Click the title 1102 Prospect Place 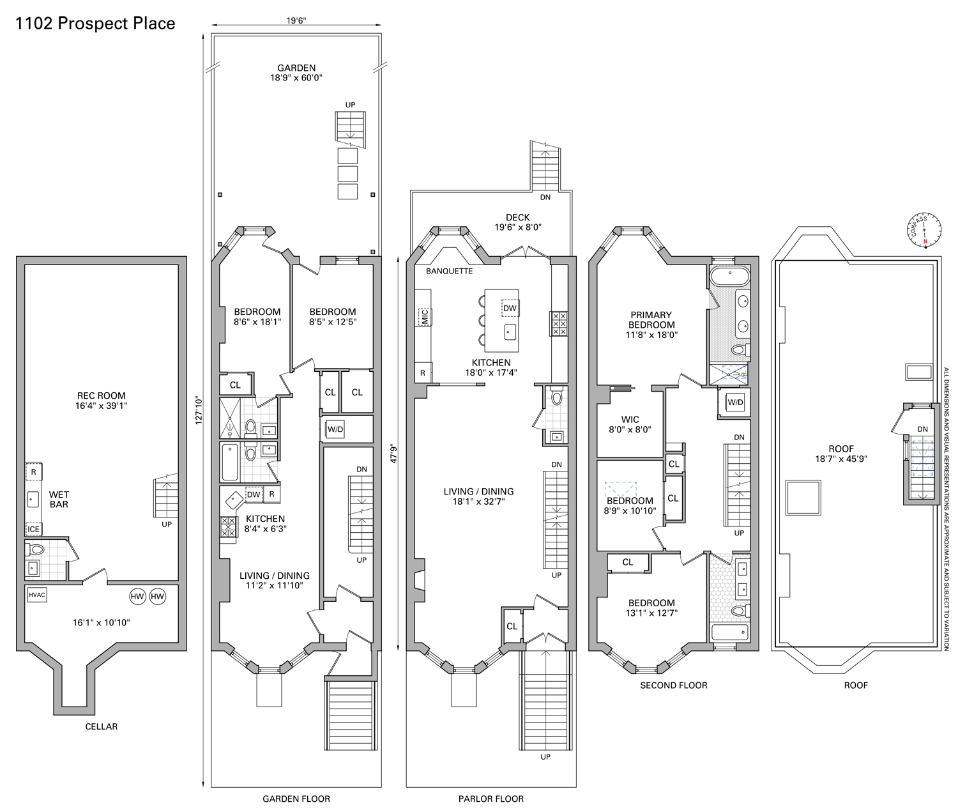tap(95, 24)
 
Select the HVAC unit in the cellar tap(37, 595)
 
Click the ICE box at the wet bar tap(33, 529)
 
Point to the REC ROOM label tap(102, 395)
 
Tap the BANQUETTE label tap(450, 271)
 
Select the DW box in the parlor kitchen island tap(510, 309)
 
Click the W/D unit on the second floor tap(735, 402)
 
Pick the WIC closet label tap(630, 420)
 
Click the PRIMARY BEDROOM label tap(651, 319)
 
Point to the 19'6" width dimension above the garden tap(296, 20)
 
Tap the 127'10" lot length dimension tap(199, 410)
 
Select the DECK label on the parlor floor tap(518, 218)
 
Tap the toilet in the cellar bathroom tap(36, 549)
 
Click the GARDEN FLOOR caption tap(296, 799)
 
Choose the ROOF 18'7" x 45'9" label tap(841, 454)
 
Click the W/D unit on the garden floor tap(335, 429)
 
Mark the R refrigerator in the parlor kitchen tap(423, 373)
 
